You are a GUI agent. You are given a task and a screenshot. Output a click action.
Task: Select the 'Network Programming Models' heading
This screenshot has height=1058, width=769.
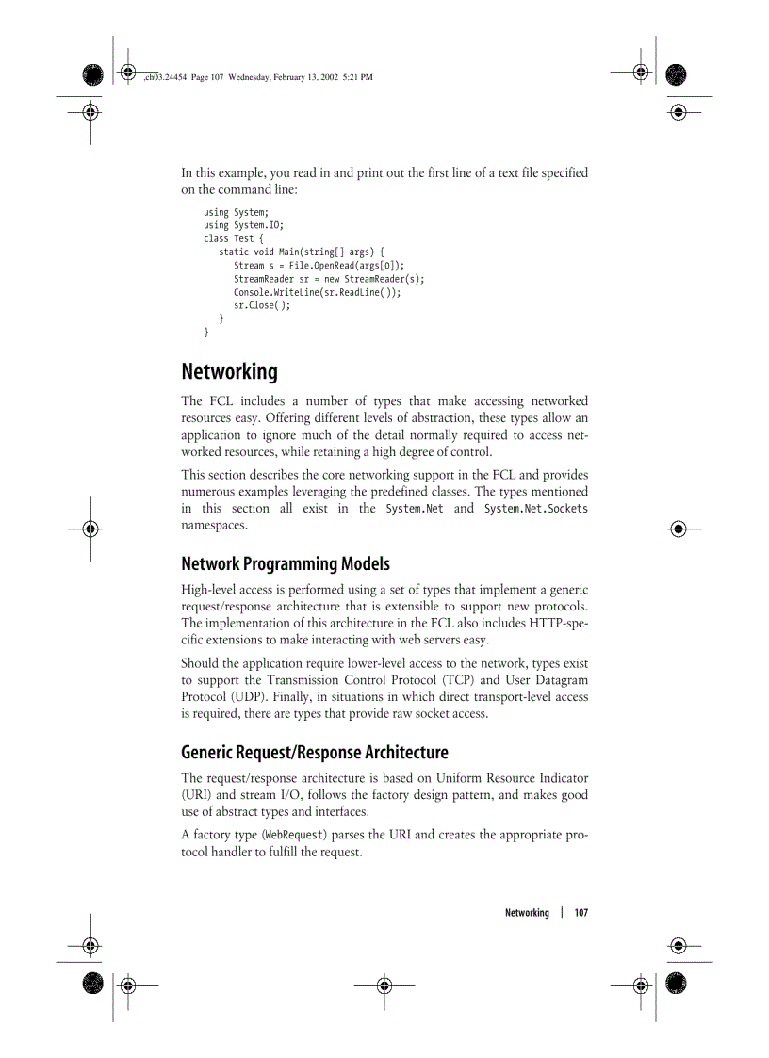pos(285,564)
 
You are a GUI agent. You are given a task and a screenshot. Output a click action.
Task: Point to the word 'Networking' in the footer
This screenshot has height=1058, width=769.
pos(527,913)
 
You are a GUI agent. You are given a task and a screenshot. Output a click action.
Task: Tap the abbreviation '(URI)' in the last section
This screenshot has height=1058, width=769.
pos(197,795)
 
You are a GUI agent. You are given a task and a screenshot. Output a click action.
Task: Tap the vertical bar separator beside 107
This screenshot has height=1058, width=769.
pos(562,913)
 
